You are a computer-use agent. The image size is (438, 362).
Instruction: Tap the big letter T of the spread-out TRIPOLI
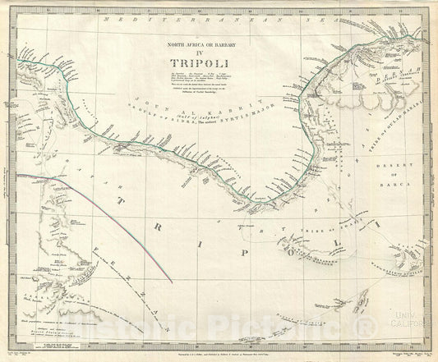pos(122,203)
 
